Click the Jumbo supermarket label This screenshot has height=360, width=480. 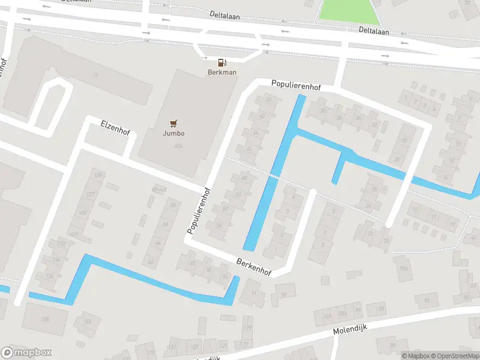[174, 133]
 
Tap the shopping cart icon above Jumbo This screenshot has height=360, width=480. [174, 124]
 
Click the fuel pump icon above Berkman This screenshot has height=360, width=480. [222, 62]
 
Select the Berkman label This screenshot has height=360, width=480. [222, 72]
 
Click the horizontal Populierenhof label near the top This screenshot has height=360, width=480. [296, 86]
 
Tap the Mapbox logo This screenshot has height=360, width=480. [26, 353]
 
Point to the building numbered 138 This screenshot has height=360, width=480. [45, 319]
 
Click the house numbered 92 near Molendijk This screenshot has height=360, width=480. [427, 300]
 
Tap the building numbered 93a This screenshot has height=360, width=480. [403, 269]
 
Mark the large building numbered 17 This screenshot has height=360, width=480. [95, 75]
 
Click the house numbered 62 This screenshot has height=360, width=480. [151, 262]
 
